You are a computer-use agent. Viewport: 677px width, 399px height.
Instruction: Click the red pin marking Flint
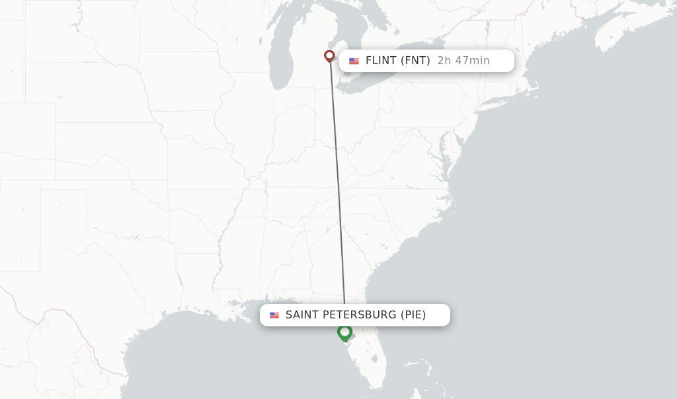coord(329,56)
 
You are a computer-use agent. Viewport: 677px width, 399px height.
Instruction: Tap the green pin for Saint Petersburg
coord(344,332)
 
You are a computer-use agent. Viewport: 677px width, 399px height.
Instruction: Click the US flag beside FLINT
coord(354,61)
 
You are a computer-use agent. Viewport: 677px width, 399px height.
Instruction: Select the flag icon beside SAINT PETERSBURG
coord(274,316)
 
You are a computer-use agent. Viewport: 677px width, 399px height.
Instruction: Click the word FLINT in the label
coord(381,61)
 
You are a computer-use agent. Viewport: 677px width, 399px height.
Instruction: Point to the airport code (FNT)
coord(416,61)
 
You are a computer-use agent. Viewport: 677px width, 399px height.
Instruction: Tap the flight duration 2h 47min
coord(463,61)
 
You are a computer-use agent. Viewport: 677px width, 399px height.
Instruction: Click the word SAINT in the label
coord(301,315)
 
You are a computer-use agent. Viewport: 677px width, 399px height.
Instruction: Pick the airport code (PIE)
coord(413,315)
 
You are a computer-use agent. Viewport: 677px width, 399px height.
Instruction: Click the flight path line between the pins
coord(337,185)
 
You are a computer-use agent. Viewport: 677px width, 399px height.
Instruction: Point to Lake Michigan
coord(282,59)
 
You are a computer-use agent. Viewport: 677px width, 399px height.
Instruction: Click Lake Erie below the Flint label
coord(370,83)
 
